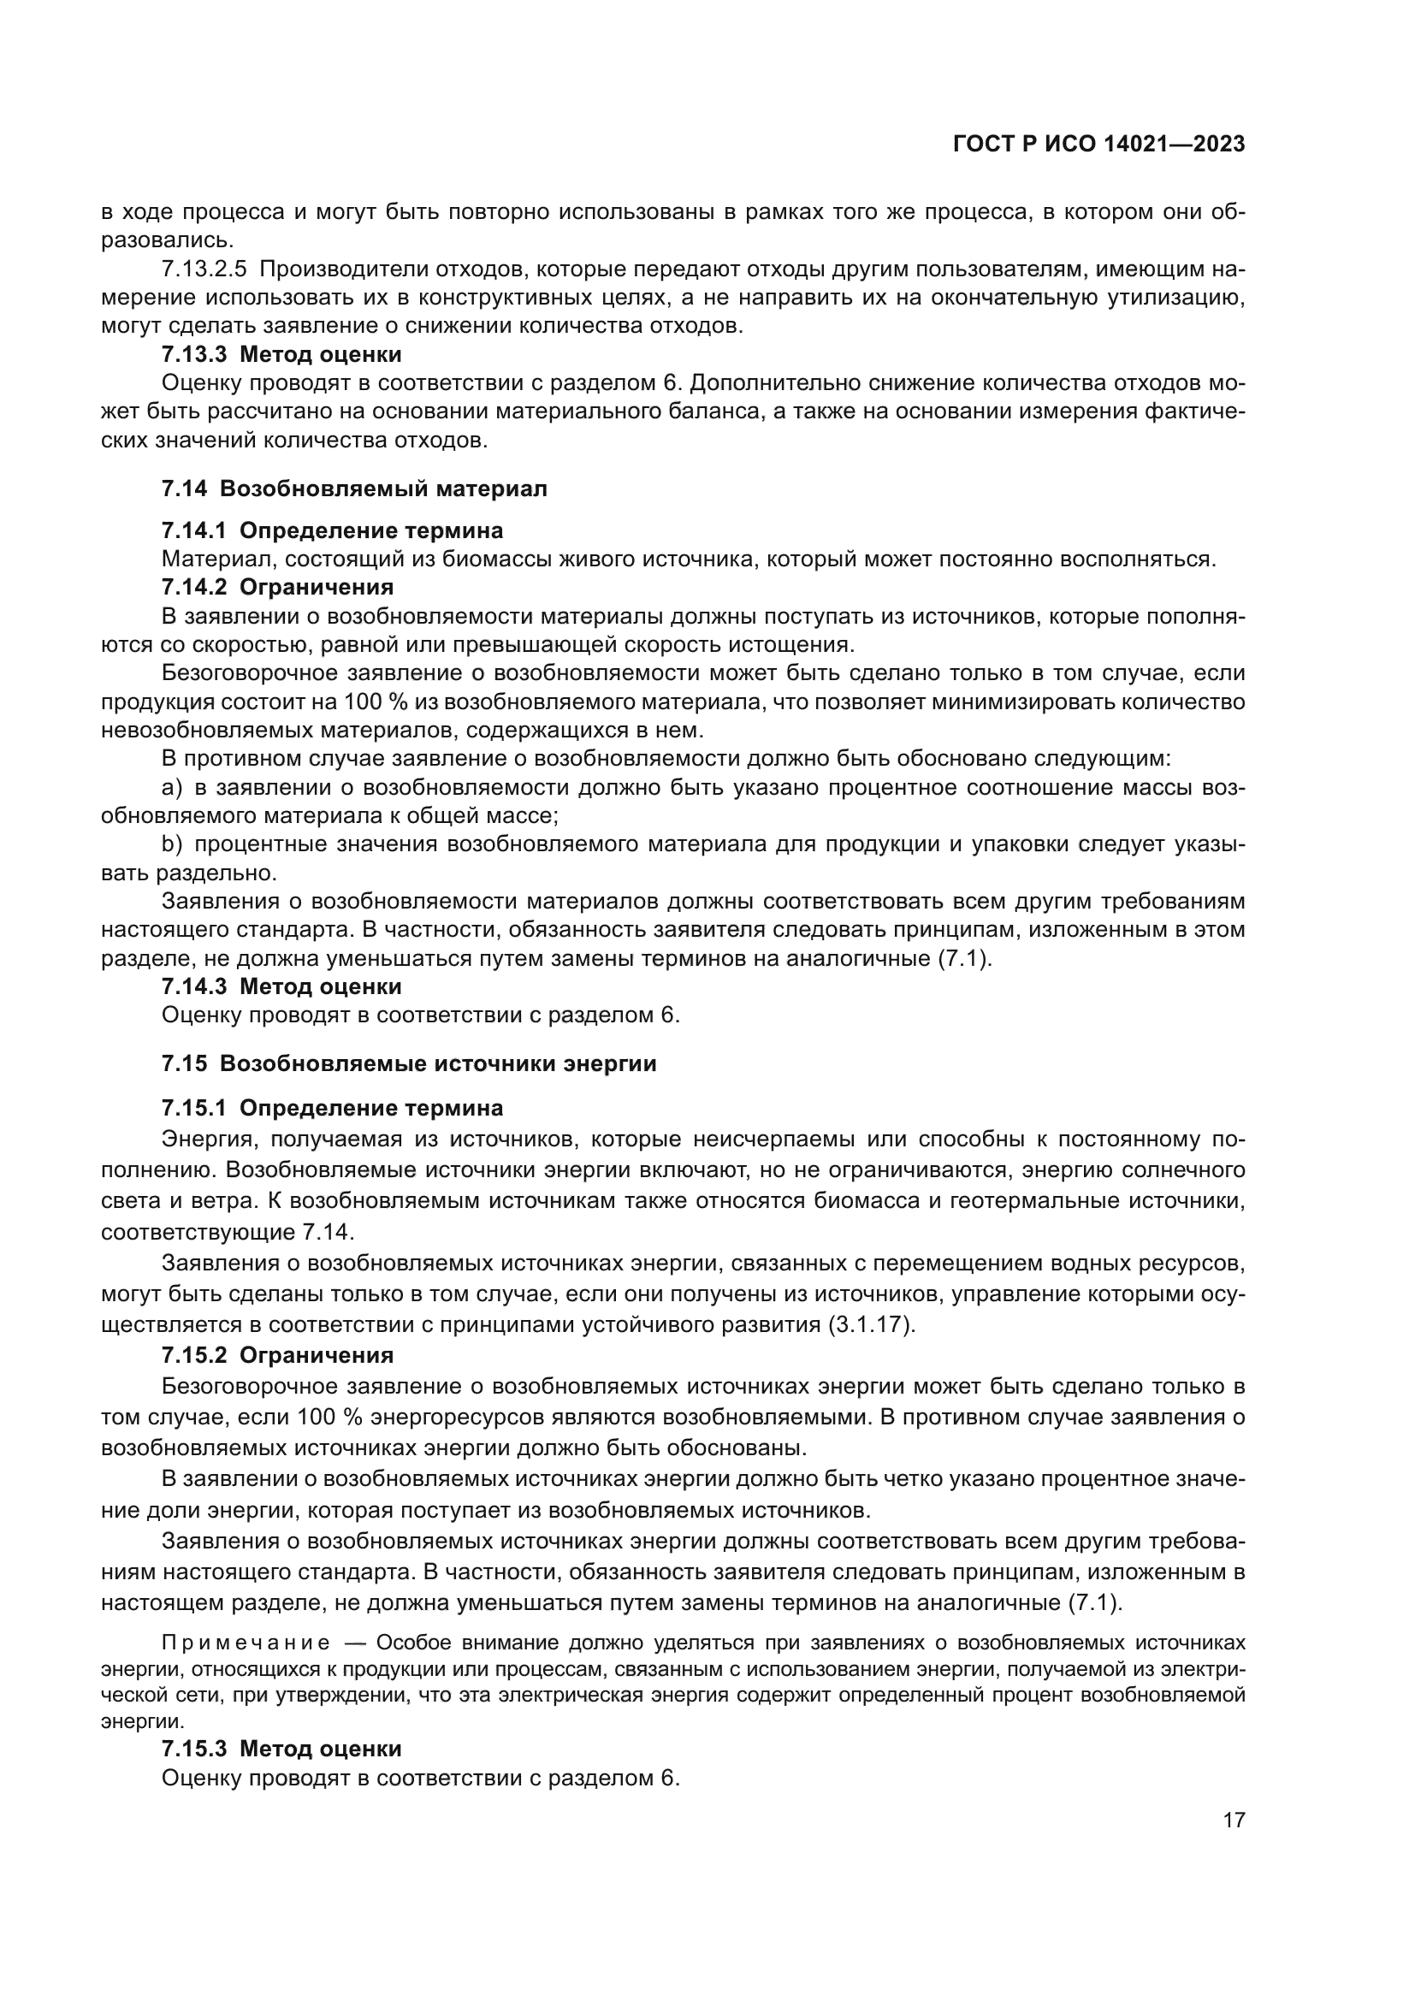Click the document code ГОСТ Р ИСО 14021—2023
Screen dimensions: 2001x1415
[x=1098, y=144]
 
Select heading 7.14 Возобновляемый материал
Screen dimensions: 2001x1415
[x=354, y=489]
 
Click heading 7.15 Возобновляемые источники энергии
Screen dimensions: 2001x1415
[x=409, y=1064]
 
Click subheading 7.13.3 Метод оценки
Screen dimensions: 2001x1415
[x=281, y=355]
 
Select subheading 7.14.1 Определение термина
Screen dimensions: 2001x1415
[x=332, y=530]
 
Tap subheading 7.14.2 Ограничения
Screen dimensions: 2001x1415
[x=277, y=587]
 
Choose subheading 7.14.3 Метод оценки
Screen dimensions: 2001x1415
[x=281, y=986]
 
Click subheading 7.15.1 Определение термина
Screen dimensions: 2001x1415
[x=332, y=1109]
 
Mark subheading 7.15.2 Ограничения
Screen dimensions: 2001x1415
[x=277, y=1355]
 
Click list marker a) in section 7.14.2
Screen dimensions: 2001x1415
[x=172, y=788]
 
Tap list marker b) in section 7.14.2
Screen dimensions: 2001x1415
[x=172, y=844]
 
